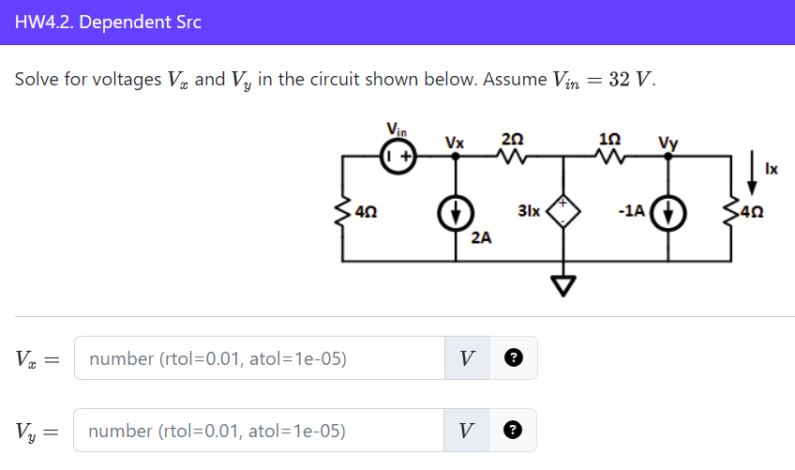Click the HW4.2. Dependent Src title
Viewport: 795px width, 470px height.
point(108,22)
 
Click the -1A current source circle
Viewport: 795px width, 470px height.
point(668,212)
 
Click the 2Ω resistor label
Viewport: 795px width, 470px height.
point(512,138)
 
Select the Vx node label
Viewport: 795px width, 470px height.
point(455,143)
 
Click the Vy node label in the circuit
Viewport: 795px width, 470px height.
point(667,143)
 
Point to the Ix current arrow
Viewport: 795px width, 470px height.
point(752,166)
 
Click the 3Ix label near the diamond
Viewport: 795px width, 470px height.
point(529,212)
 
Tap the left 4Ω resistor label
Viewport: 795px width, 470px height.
point(368,212)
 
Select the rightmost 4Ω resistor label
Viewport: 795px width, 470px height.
point(753,212)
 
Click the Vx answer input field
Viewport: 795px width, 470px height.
point(259,358)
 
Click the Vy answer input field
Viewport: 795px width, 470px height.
point(259,431)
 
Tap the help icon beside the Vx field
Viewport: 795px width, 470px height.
point(513,358)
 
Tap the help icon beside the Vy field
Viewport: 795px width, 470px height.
point(513,431)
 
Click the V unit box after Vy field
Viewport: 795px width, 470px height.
point(467,431)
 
